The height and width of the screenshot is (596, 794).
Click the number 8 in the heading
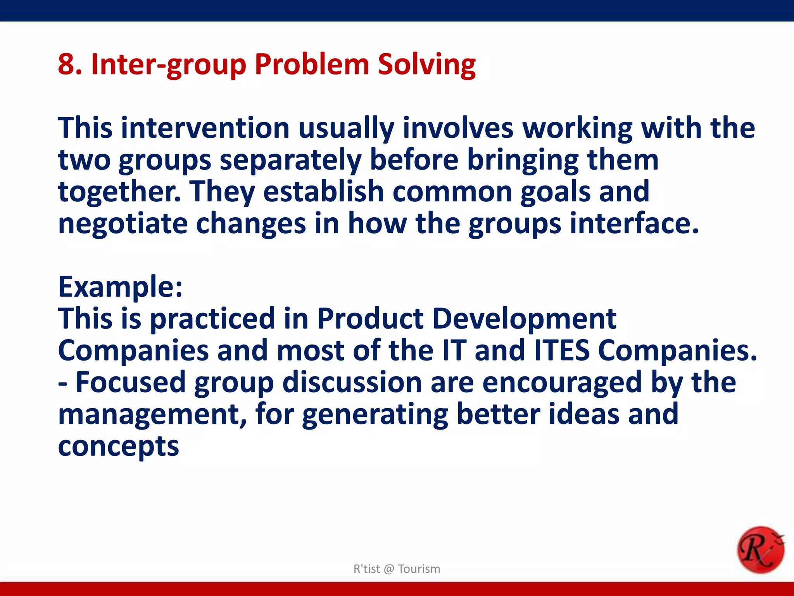point(66,64)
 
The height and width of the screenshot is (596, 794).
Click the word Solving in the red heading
point(426,64)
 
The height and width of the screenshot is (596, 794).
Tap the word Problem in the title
point(312,64)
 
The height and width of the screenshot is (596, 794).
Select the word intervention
point(205,128)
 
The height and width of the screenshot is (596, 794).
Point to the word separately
point(290,160)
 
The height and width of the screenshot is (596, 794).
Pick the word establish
point(323,192)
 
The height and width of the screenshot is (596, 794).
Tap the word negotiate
point(123,224)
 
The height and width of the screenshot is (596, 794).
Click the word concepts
point(118,447)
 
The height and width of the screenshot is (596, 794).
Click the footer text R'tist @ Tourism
point(397,569)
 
